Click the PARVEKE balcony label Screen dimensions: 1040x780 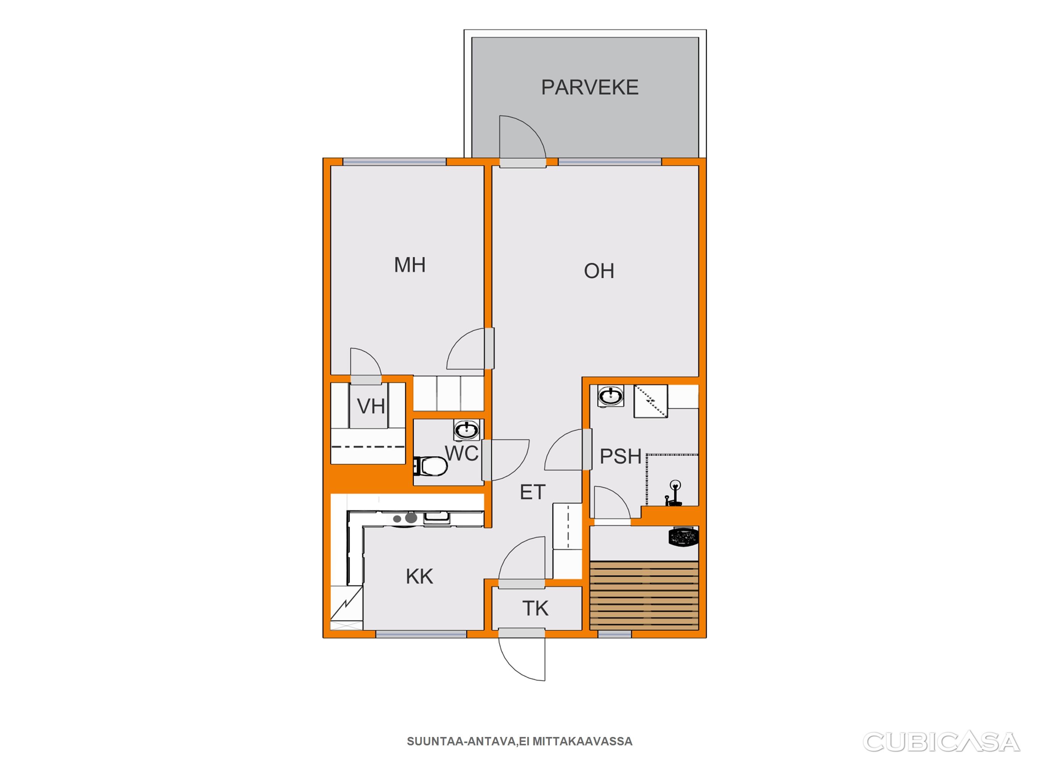590,88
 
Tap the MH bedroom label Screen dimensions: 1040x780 410,265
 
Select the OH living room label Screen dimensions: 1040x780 599,271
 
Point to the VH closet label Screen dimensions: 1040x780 371,406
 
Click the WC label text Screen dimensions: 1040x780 462,454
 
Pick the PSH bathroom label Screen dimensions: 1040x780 621,457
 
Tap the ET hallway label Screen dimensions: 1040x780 532,492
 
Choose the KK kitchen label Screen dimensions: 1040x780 419,576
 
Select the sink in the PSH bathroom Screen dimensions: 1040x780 611,395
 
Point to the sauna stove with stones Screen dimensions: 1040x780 683,537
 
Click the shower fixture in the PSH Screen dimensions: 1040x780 674,493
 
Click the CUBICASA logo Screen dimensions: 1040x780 941,742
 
